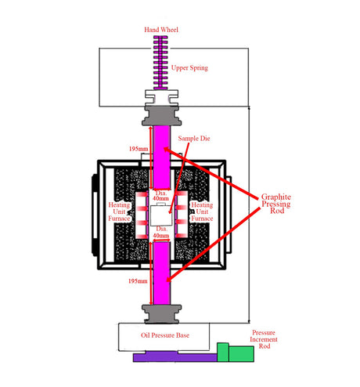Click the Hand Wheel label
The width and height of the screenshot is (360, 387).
(162, 30)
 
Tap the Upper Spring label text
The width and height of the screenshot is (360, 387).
(191, 67)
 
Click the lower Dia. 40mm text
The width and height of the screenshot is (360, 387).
(160, 233)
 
